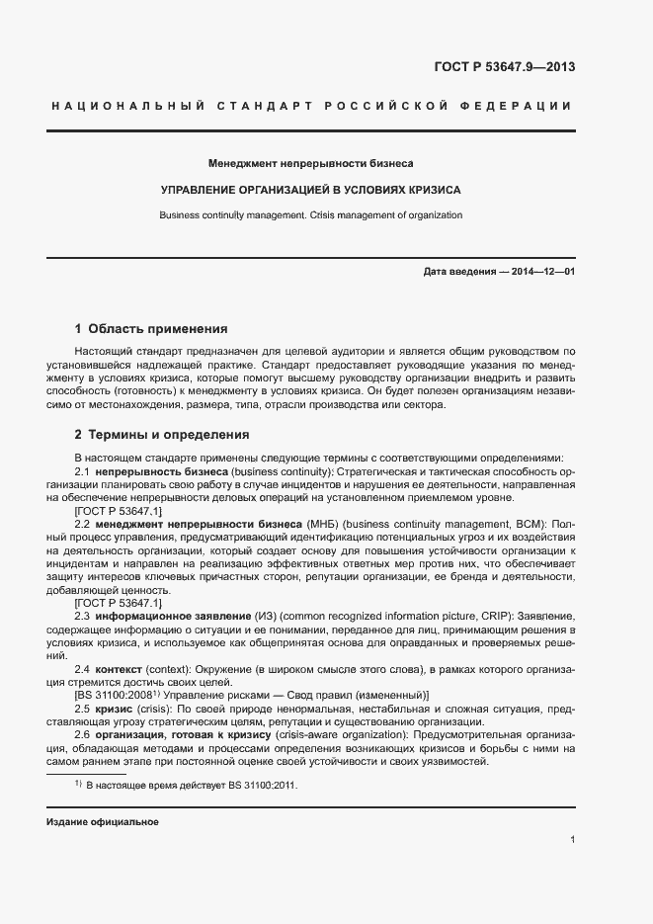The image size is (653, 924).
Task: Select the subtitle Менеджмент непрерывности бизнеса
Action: click(x=310, y=162)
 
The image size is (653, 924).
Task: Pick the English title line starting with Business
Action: click(x=310, y=214)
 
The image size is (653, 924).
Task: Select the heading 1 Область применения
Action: click(x=151, y=328)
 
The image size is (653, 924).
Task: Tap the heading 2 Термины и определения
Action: click(x=162, y=435)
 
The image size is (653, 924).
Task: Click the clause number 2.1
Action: click(x=83, y=473)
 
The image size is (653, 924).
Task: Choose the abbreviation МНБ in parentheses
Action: click(x=321, y=523)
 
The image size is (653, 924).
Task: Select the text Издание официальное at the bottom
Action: click(x=103, y=823)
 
